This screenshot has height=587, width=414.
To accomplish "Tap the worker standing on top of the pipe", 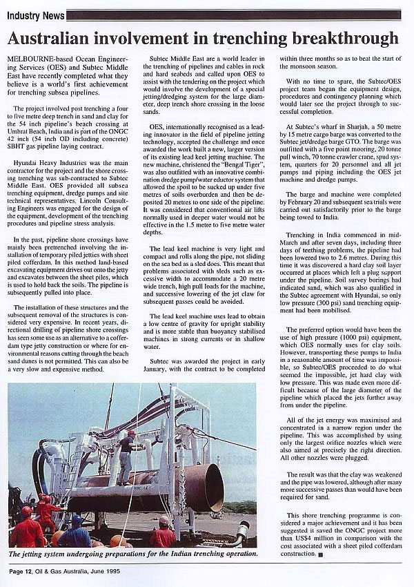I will [127, 456].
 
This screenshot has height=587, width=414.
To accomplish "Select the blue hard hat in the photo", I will [77, 519].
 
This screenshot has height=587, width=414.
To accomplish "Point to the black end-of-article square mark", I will [321, 554].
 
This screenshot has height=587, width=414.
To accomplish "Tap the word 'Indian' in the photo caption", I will [181, 553].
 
